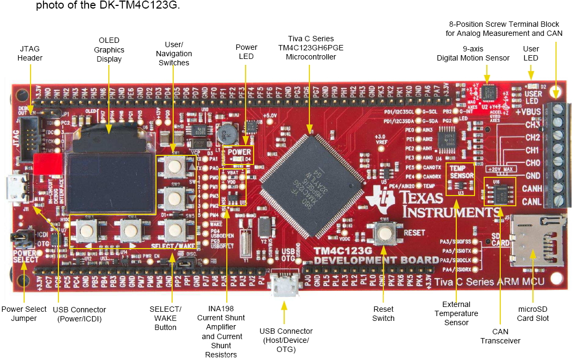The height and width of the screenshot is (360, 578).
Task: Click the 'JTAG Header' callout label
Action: click(30, 53)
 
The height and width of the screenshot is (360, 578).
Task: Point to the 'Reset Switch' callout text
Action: click(383, 313)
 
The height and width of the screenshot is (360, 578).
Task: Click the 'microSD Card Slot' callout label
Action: click(533, 313)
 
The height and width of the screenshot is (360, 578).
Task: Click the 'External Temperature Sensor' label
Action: click(456, 313)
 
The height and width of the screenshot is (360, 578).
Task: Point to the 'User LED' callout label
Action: click(531, 53)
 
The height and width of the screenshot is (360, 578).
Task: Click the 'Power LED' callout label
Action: click(246, 51)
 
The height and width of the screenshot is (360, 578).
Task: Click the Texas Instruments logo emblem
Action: click(379, 204)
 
